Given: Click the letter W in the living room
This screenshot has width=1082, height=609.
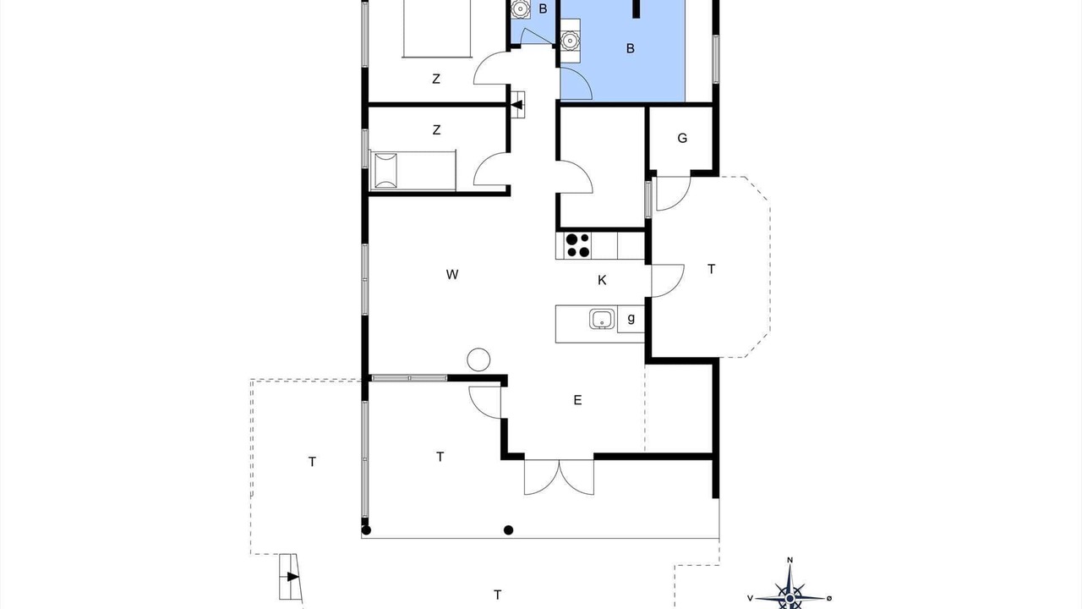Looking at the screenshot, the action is point(452,275).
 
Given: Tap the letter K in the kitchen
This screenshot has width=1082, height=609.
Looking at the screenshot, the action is point(602,280).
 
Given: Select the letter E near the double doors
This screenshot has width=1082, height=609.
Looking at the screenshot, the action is point(577,400).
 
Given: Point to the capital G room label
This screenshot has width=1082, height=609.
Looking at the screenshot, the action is point(682,138).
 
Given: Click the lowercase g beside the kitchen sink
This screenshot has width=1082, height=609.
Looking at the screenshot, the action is point(631,319).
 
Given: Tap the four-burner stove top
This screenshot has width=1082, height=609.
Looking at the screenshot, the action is point(578,245).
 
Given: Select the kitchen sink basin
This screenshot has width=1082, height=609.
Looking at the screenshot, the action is point(602,319).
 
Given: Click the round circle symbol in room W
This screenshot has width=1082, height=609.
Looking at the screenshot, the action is point(478,359).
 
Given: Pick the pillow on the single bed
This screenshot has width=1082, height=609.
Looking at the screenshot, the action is point(385,171).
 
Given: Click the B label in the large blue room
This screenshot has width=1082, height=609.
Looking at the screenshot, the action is point(631,48).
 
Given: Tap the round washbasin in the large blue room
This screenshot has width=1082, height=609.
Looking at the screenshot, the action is point(570,41).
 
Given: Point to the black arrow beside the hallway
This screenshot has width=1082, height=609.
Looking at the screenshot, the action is point(516,105).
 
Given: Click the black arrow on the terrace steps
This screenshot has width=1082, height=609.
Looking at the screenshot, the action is point(292,577).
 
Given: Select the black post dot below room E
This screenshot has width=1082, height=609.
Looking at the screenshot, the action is point(508,530).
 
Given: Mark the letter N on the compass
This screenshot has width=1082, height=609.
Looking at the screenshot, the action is point(790,561).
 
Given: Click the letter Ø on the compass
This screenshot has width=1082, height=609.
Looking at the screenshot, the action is point(829,598).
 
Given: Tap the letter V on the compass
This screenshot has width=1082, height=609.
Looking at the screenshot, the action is point(750,598).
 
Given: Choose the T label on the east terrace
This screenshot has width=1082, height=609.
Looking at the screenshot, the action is point(711,269).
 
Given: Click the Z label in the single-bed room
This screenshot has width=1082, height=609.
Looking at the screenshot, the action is point(437,130).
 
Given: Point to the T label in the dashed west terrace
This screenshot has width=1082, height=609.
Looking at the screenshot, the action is point(312,462).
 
